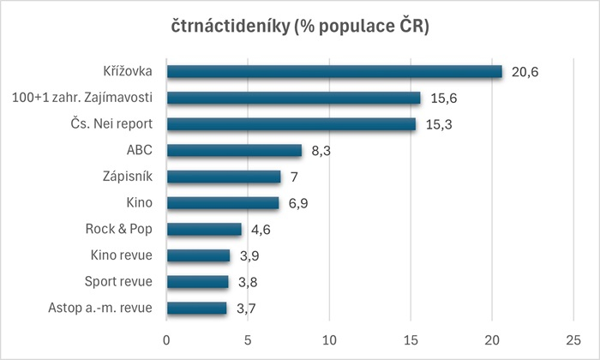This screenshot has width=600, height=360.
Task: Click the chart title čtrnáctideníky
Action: [299, 27]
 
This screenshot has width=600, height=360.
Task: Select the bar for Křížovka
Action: [334, 72]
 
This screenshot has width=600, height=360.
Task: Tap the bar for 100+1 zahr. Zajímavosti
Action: [293, 98]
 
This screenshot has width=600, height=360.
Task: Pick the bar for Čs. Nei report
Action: [291, 124]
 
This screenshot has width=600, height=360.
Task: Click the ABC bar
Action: [234, 151]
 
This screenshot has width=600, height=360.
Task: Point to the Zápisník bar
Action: [223, 177]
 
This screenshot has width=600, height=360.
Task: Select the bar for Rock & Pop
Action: [204, 229]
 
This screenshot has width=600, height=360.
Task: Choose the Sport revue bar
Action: [197, 282]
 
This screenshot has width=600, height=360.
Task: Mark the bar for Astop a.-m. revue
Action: [196, 308]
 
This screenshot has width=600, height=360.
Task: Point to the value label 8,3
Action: [321, 151]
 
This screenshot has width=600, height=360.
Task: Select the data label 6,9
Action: [298, 203]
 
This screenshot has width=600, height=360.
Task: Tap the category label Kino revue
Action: [121, 255]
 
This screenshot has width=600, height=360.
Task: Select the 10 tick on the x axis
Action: [329, 338]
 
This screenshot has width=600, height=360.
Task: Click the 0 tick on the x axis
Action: [166, 338]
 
